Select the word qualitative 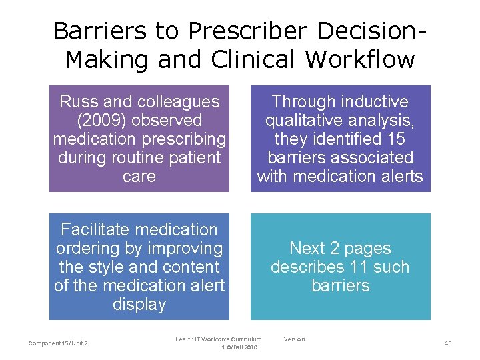pyautogui.click(x=303, y=120)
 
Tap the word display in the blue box pyautogui.click(x=139, y=304)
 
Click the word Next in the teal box pyautogui.click(x=307, y=248)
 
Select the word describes pyautogui.click(x=305, y=267)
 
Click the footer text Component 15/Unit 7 pyautogui.click(x=59, y=343)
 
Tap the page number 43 pyautogui.click(x=447, y=343)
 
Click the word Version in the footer pyautogui.click(x=294, y=339)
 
